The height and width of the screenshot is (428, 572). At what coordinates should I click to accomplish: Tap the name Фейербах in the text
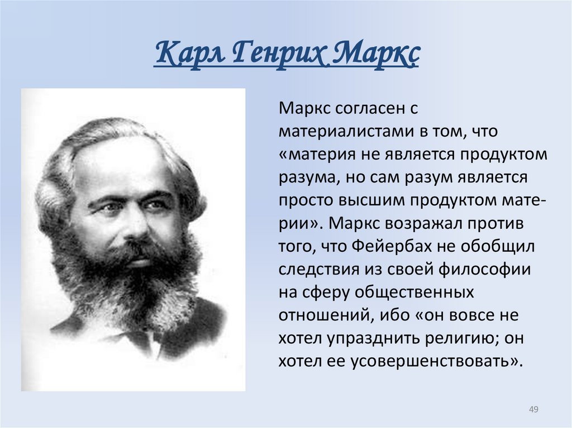click(399, 245)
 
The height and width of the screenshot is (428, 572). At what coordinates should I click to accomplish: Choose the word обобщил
click(500, 245)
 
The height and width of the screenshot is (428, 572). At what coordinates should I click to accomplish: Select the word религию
click(469, 337)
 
